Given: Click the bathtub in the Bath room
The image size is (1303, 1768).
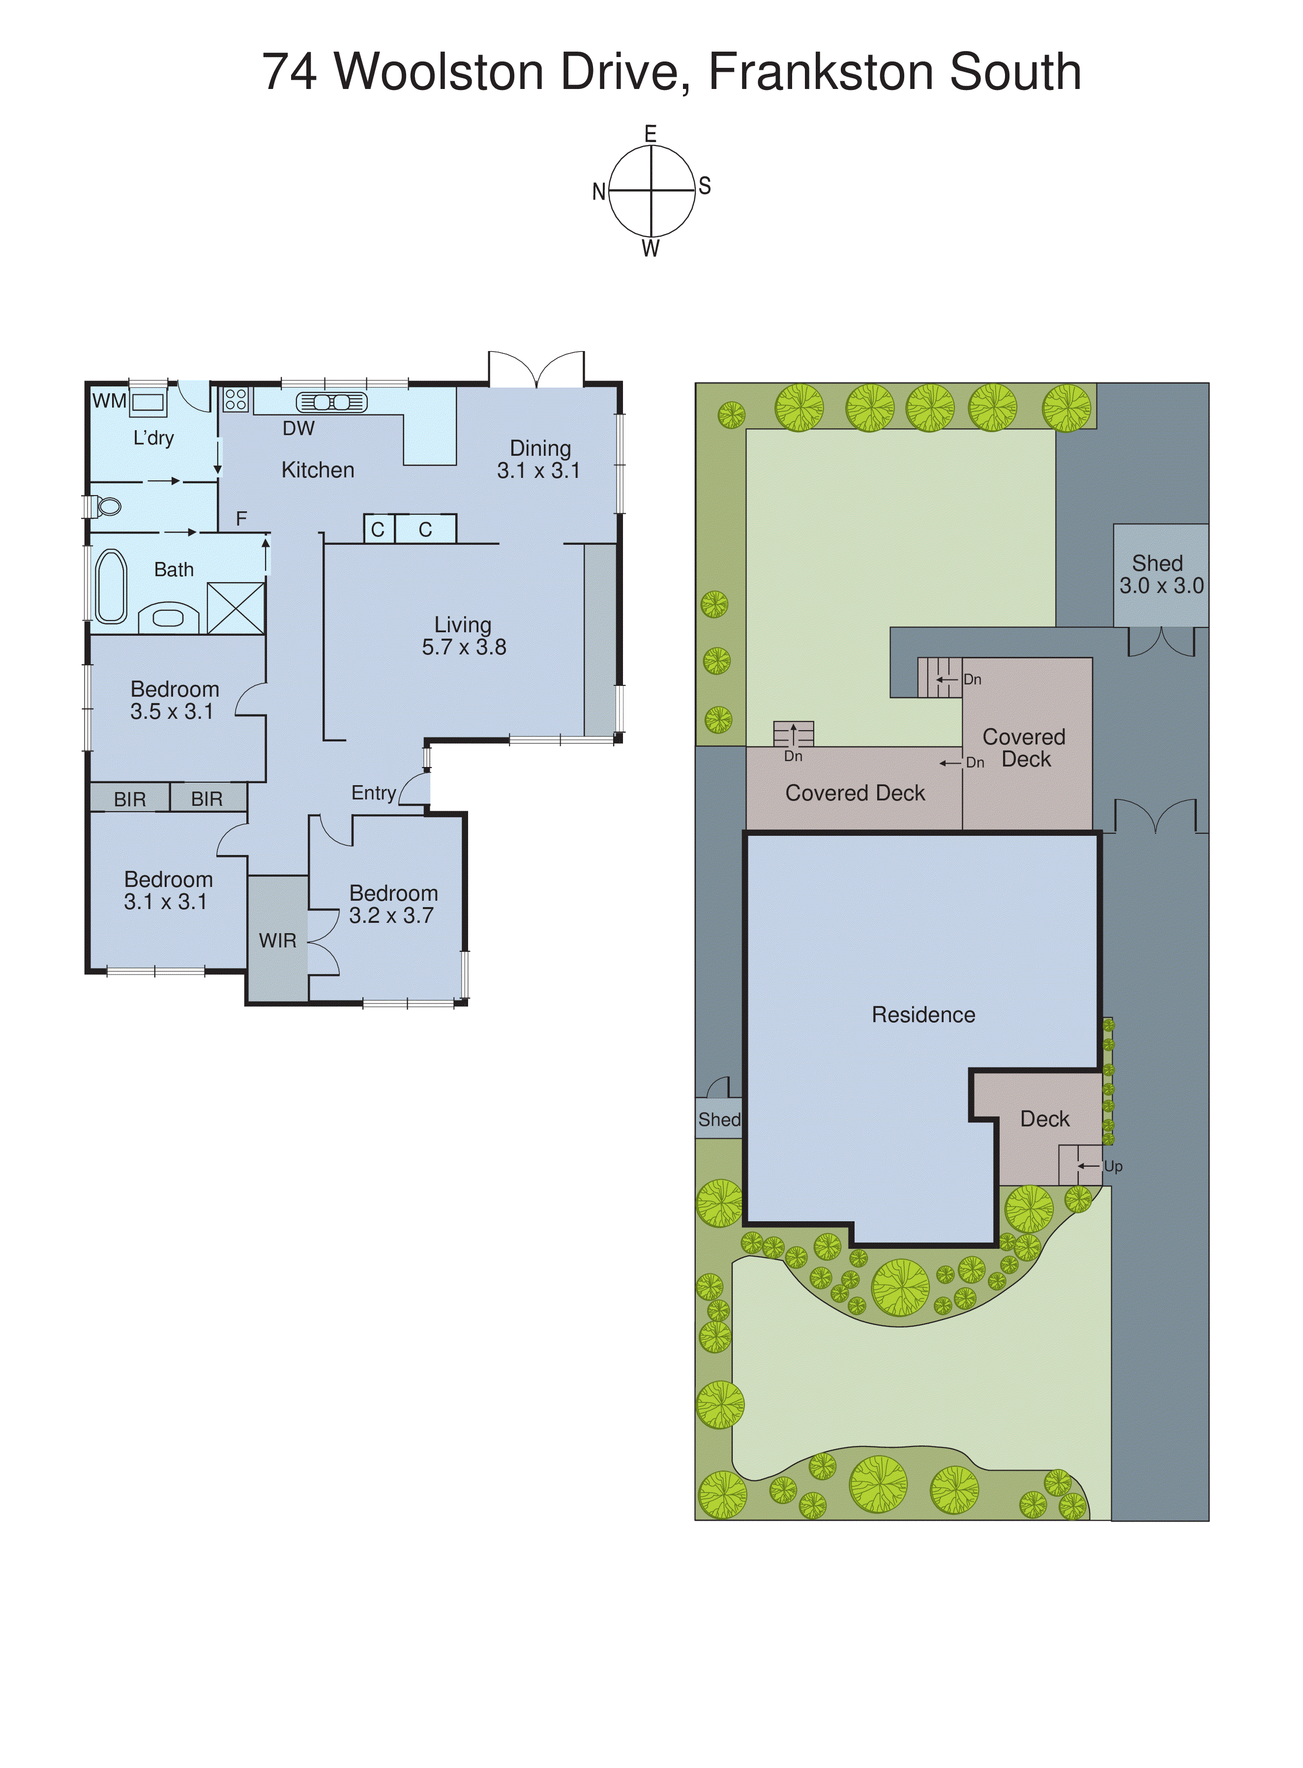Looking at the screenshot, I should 111,586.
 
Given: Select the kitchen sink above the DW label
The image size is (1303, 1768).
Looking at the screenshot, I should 331,402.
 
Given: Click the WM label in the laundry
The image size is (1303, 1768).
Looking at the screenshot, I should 109,401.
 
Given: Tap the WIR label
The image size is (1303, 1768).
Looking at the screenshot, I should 278,940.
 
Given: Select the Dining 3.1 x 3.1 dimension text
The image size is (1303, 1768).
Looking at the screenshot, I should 539,471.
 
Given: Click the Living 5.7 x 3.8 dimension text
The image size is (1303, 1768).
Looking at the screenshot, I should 464,648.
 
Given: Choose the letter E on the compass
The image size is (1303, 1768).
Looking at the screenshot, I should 651,134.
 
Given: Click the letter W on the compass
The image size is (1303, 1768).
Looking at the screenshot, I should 651,249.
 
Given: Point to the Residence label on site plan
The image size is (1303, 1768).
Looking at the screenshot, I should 923,1014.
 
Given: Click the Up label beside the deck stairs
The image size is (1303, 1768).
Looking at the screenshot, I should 1113,1166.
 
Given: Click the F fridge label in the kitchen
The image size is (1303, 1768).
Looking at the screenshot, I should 241,518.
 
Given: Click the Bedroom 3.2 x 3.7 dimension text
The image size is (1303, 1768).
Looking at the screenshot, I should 391,915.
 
